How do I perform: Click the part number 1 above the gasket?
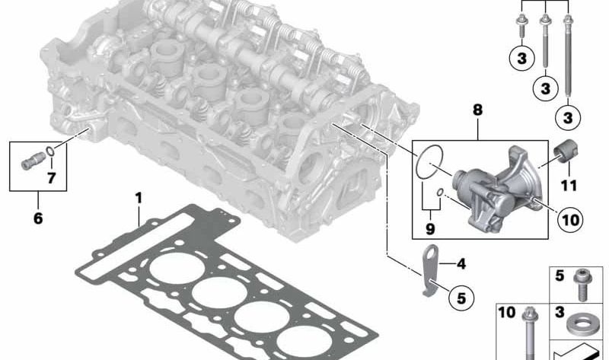coord(139,198)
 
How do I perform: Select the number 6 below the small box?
coord(38,218)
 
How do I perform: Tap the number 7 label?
coord(51,178)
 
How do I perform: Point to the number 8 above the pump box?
coord(477,110)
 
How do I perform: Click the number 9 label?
coord(430,229)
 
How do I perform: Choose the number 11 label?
coord(569,185)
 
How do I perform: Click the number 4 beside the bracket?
coord(461,264)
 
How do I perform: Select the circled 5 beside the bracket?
coord(461,298)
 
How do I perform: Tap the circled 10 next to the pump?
coord(570,220)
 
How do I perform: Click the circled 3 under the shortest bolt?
coord(522,59)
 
